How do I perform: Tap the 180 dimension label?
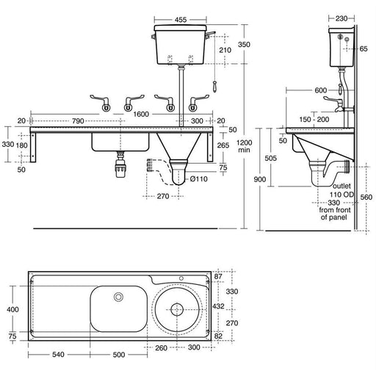23,145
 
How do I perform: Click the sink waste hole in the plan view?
117,297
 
